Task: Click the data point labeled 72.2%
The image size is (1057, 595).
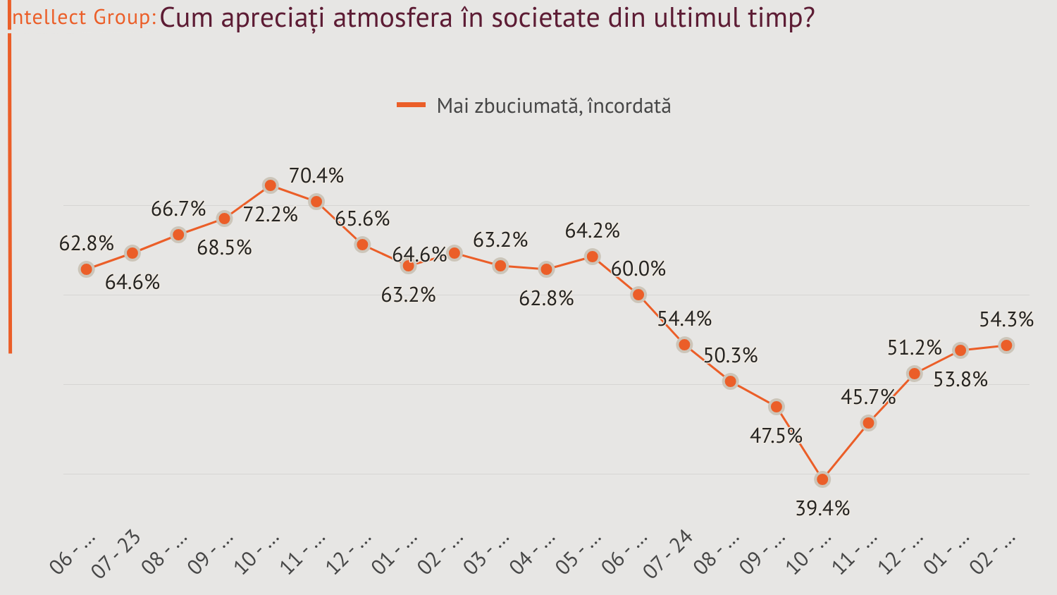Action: coord(270,185)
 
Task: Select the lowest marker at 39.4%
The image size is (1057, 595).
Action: coord(822,479)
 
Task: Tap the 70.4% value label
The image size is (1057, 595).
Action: coord(316,176)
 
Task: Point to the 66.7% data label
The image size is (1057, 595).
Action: coord(178,209)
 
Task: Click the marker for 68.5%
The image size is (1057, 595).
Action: coord(224,219)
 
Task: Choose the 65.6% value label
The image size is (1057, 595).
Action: coord(362,219)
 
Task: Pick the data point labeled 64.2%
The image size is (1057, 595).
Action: coord(592,257)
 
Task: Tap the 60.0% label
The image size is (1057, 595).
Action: coord(638,269)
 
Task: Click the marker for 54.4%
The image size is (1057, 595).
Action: coord(684,345)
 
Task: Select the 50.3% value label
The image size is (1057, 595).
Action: coord(731,355)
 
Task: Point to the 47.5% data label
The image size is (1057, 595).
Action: coord(776,436)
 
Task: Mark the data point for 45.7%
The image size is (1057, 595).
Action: coord(868,423)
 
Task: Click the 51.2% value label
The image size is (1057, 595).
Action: coord(914,348)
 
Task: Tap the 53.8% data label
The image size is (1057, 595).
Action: coord(960,379)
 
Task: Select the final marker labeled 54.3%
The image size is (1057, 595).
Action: coord(1006,345)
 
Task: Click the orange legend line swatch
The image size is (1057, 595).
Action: coord(411,105)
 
